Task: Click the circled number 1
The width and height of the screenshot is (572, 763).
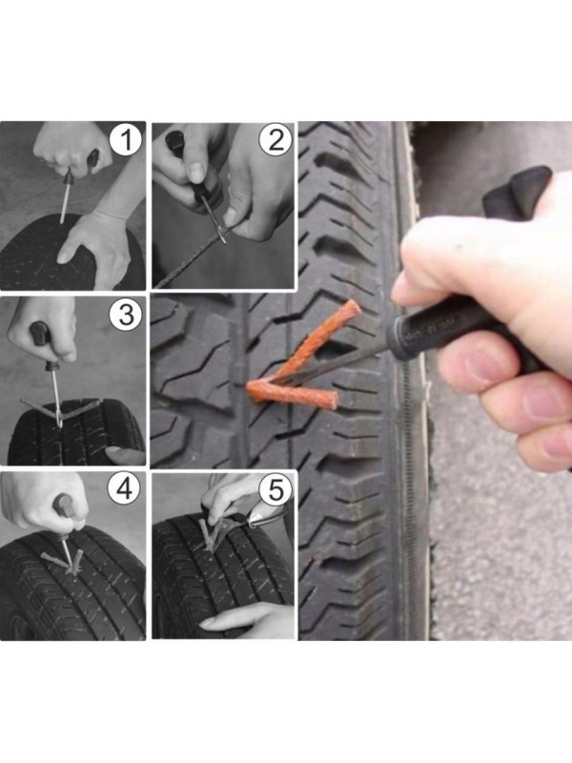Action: [126, 140]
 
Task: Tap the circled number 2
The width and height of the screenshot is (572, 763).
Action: [276, 139]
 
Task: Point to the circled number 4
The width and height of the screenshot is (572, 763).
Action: [125, 488]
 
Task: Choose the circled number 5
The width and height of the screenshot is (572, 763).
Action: [276, 488]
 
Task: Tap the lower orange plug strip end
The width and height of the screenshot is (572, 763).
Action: [332, 399]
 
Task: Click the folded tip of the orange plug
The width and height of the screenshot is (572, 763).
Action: [252, 390]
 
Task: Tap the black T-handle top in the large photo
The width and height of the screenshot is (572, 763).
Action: [516, 193]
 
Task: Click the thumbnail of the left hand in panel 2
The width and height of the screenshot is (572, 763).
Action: [197, 171]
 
